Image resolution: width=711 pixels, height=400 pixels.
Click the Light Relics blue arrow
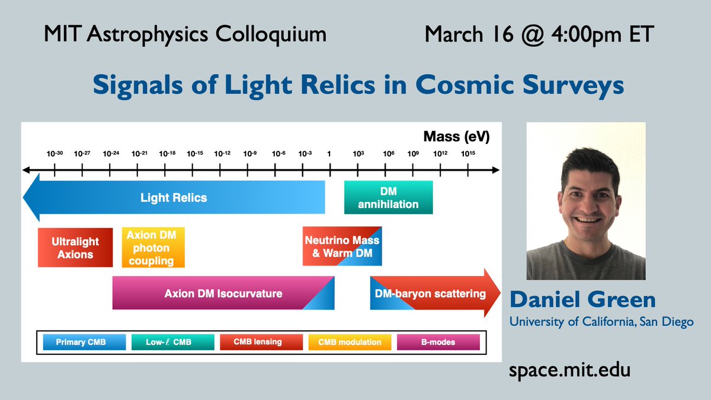pyautogui.click(x=174, y=197)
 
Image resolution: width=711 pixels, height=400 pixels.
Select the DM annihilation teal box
pyautogui.click(x=388, y=197)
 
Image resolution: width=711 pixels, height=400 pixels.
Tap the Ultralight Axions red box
pyautogui.click(x=75, y=247)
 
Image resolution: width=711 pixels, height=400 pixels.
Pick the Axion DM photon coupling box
pyautogui.click(x=153, y=247)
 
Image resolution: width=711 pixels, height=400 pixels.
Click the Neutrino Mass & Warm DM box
pyautogui.click(x=342, y=246)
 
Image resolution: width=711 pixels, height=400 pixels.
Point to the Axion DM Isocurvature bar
pyautogui.click(x=223, y=293)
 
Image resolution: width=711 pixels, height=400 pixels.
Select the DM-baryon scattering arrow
pyautogui.click(x=435, y=293)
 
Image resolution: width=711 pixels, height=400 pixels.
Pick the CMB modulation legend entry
pyautogui.click(x=350, y=342)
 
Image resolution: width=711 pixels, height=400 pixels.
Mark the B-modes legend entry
pyautogui.click(x=438, y=342)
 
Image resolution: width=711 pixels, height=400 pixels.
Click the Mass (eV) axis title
pyautogui.click(x=456, y=136)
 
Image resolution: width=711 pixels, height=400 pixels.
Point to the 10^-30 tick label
pyautogui.click(x=55, y=153)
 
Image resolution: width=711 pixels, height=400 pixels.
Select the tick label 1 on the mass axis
pyautogui.click(x=329, y=154)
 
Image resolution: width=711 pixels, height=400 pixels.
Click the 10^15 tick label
pyautogui.click(x=468, y=153)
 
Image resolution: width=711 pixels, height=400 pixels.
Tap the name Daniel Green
pyautogui.click(x=583, y=299)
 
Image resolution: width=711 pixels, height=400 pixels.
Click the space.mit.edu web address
pyautogui.click(x=570, y=370)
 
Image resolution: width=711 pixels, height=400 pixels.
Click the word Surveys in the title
pyautogui.click(x=574, y=85)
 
